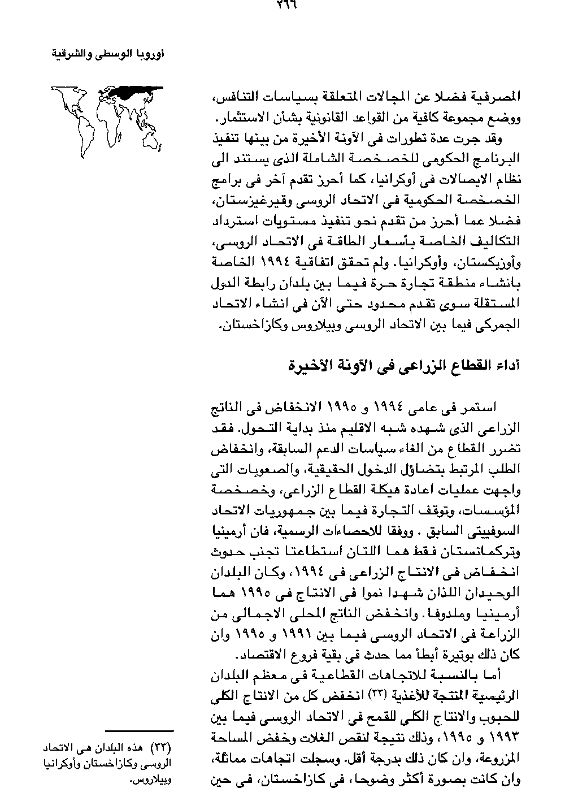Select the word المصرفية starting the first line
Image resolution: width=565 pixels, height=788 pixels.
tap(497, 97)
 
